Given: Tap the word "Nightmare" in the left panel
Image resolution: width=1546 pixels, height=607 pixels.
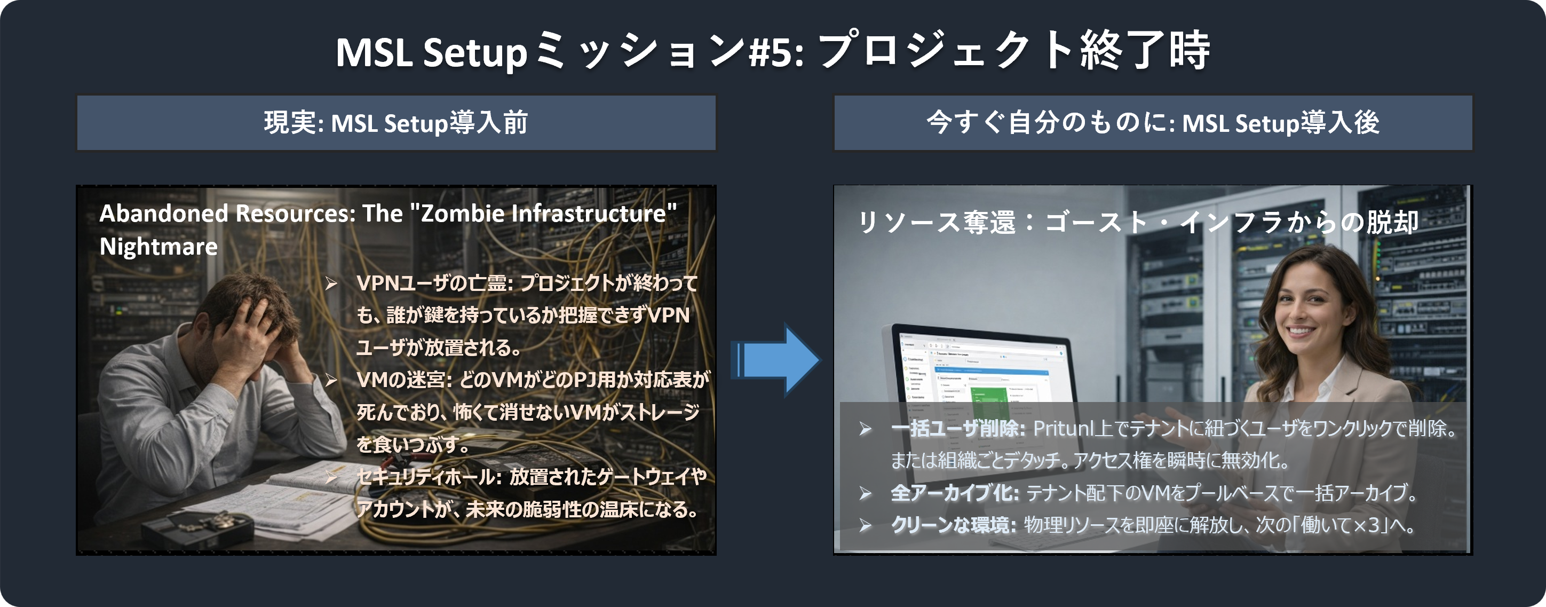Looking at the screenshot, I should point(158,247).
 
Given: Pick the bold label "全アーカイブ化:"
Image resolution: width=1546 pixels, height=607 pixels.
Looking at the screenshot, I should point(954,493).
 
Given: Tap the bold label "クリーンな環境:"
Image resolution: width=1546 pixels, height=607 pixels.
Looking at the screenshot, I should point(953,525).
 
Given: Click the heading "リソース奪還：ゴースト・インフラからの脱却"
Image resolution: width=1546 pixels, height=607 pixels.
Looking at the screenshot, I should point(1138,223).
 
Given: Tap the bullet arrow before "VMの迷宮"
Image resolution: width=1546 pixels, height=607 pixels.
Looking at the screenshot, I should point(331,380).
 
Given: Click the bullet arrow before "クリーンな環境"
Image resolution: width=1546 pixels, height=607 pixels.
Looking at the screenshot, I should point(865,526).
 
